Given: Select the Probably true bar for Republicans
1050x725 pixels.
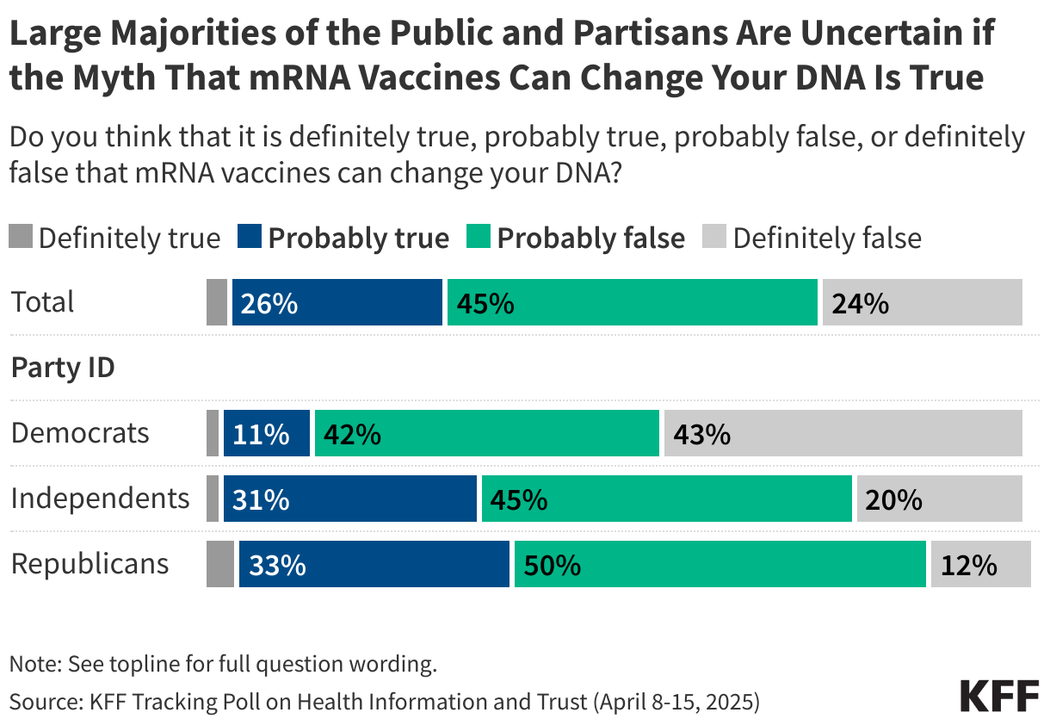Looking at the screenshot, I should [x=374, y=565].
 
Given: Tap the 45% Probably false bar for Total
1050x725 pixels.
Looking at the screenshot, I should [x=632, y=302].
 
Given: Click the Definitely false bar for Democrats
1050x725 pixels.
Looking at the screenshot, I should [x=843, y=433].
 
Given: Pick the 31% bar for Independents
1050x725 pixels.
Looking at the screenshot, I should [x=349, y=499].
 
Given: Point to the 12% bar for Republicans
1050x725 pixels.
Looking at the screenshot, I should [x=980, y=565].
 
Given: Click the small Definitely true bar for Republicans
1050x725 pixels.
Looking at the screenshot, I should [x=220, y=565].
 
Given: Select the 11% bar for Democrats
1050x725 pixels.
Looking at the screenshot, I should [x=266, y=433].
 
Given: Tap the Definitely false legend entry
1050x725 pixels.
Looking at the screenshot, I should [x=814, y=238].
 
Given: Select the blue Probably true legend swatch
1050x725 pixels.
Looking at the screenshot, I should [x=249, y=238].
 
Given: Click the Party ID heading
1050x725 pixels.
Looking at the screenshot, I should [x=63, y=368].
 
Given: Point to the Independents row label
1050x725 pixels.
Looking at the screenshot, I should [x=100, y=498].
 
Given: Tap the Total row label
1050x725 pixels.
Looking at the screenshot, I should [x=42, y=302].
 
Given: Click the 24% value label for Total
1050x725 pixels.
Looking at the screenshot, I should [x=859, y=303].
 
